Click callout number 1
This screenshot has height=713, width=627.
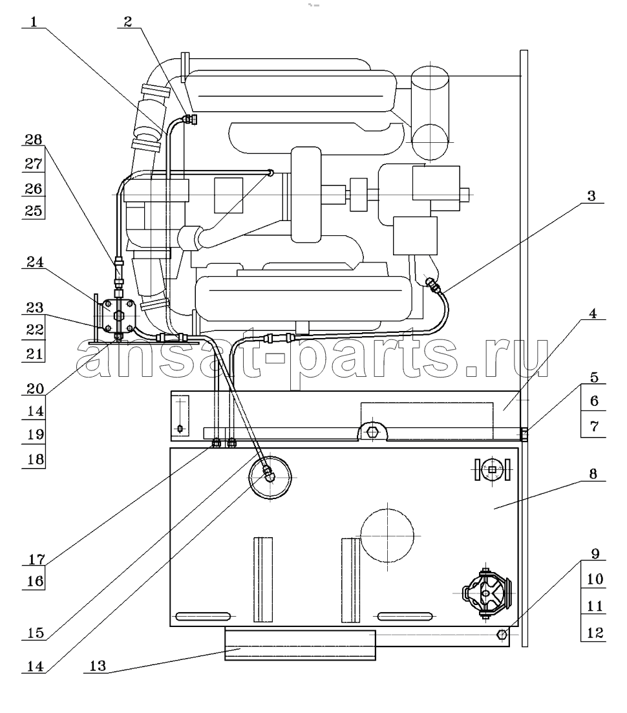pyautogui.click(x=34, y=22)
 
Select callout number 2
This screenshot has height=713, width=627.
pyautogui.click(x=128, y=22)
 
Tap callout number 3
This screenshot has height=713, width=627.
pyautogui.click(x=591, y=196)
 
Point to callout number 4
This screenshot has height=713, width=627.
pyautogui.click(x=593, y=314)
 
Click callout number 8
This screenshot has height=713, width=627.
pyautogui.click(x=593, y=474)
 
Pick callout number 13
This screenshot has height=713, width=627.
pyautogui.click(x=98, y=666)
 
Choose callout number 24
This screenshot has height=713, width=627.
pyautogui.click(x=35, y=262)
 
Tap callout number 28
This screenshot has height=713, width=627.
pyautogui.click(x=34, y=140)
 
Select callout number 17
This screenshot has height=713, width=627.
pyautogui.click(x=36, y=559)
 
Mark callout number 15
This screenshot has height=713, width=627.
pyautogui.click(x=36, y=633)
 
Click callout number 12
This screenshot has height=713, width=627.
pyautogui.click(x=595, y=633)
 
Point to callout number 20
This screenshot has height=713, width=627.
pyautogui.click(x=35, y=388)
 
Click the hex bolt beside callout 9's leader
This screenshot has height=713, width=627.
pyautogui.click(x=502, y=634)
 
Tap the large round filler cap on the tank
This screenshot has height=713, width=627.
pyautogui.click(x=270, y=478)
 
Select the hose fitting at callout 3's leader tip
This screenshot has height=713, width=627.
pyautogui.click(x=433, y=284)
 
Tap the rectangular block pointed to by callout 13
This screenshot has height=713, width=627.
pyautogui.click(x=300, y=644)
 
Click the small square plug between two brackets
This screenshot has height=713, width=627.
pyautogui.click(x=492, y=470)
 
